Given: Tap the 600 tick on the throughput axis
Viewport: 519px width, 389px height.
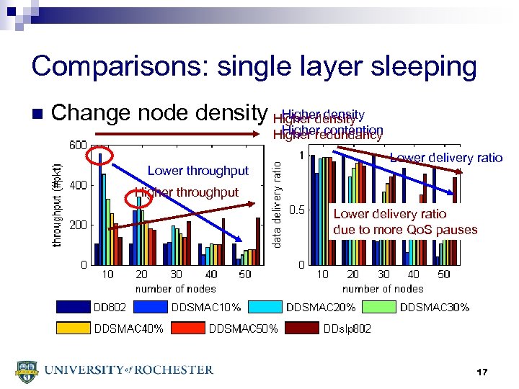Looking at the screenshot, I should pos(78,145).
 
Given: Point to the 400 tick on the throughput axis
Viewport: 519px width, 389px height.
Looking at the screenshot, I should pos(78,185).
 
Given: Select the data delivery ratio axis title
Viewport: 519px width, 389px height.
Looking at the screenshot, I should pos(277,204).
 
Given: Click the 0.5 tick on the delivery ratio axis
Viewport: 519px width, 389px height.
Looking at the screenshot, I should pos(296,210).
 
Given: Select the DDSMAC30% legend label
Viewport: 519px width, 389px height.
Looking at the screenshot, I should pos(434,307).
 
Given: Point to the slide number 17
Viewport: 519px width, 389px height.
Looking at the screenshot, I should pos(482,372).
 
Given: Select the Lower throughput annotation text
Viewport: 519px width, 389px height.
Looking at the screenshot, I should pos(198,171).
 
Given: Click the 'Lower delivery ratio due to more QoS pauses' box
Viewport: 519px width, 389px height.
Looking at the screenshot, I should pos(405,222).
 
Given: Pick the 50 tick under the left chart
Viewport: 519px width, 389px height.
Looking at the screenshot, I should pos(245,274).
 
